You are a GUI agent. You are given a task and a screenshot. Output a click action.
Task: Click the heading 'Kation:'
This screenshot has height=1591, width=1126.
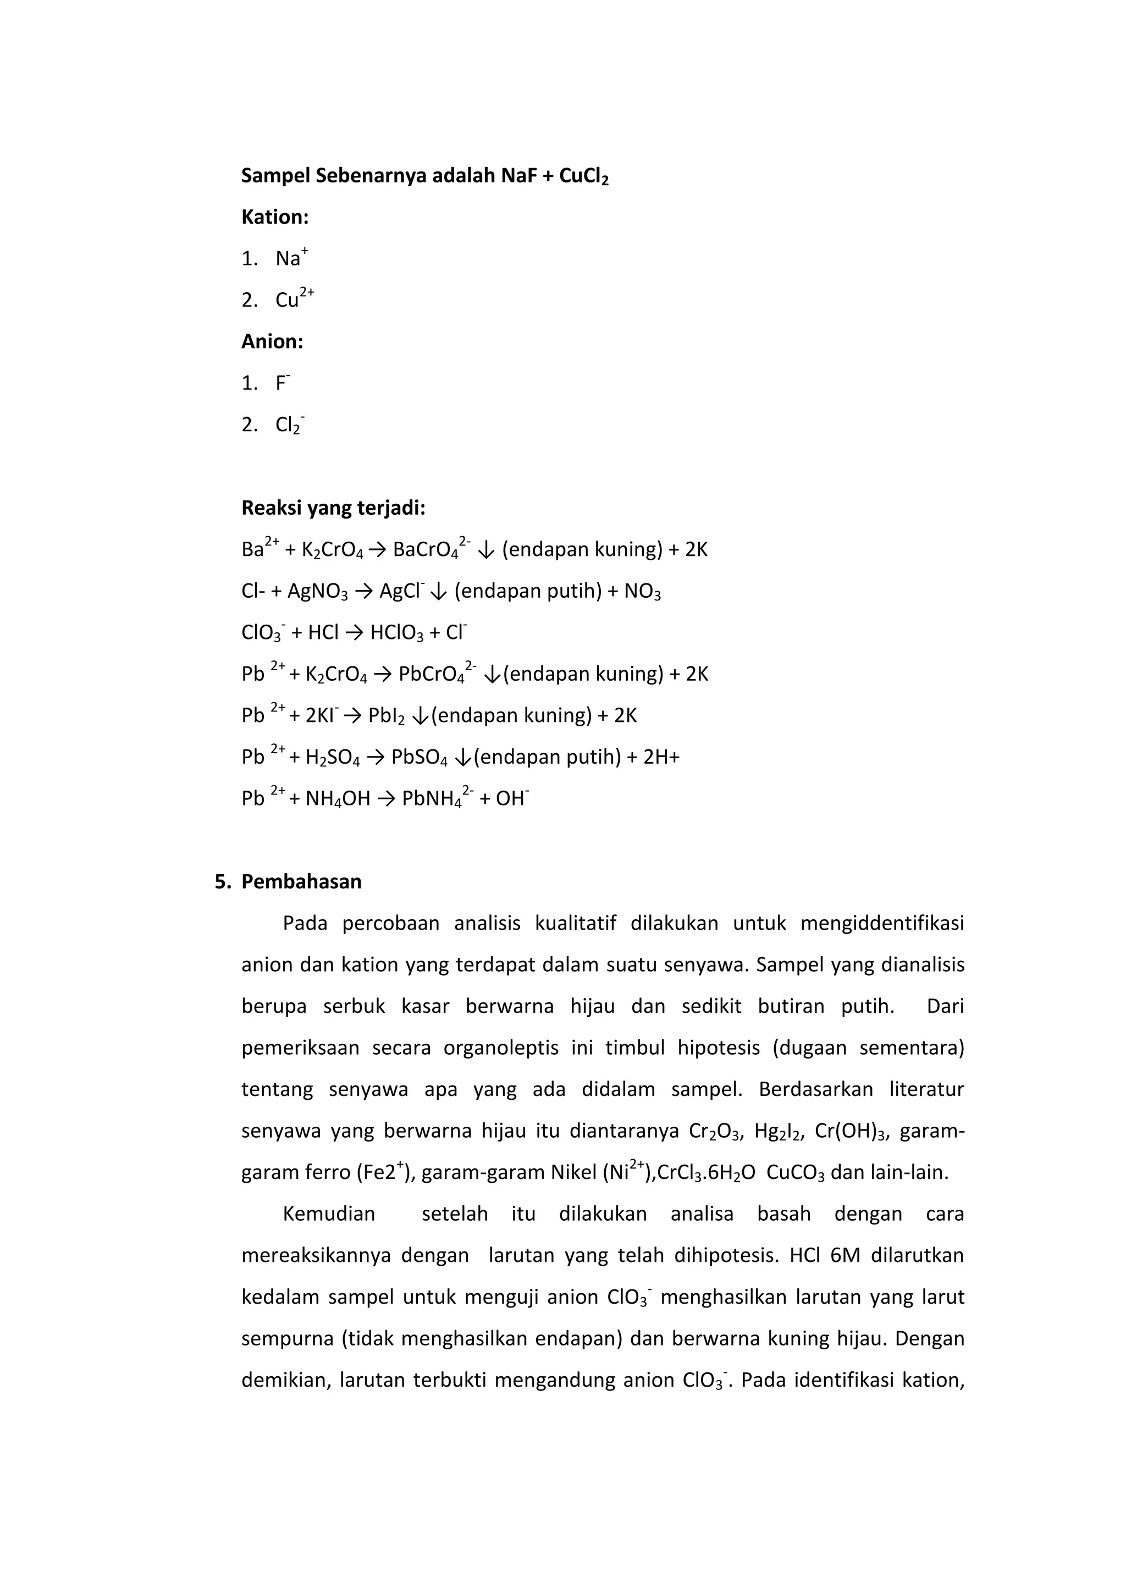click(x=274, y=217)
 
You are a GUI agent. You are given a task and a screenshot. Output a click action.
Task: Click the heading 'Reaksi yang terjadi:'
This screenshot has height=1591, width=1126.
click(x=333, y=508)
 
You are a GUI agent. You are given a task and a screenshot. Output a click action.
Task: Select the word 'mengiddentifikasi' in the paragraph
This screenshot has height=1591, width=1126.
click(x=881, y=923)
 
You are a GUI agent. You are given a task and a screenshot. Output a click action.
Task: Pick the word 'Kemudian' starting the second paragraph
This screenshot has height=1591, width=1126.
click(x=329, y=1214)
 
